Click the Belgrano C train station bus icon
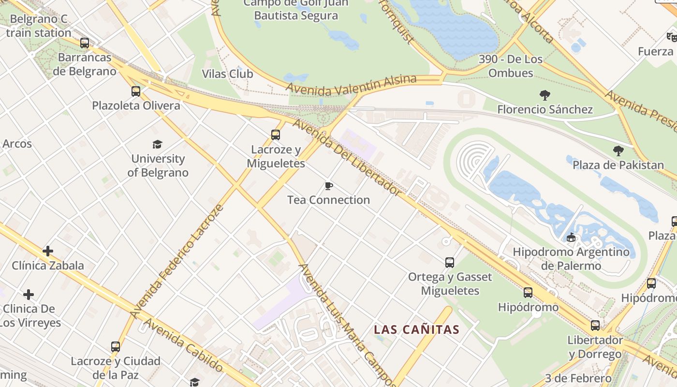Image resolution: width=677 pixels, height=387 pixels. pos(85,43)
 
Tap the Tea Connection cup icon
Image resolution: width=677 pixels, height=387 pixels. pos(329,186)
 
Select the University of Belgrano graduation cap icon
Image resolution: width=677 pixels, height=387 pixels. pos(157,145)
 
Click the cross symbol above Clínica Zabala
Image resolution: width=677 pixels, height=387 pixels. pos(48,251)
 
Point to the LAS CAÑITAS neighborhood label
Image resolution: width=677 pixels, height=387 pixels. pos(416,330)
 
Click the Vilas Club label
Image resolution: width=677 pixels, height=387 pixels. pos(227,74)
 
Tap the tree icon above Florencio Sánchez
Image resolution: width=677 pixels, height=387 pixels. pos(545,95)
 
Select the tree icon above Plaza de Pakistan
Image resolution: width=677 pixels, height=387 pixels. pos(618,151)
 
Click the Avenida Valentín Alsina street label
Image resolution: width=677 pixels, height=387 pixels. pos(351,86)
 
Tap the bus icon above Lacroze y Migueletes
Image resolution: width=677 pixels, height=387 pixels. pos(276,135)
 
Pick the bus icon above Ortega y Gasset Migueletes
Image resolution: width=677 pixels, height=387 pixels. pos(450,263)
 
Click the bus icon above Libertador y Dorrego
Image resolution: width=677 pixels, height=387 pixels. pos(595,326)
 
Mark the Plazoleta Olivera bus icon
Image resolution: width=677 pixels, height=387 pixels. pos(136,91)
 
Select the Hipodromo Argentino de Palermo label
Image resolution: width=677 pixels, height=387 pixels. pos(571,259)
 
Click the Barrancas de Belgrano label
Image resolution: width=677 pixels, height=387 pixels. pos(85,64)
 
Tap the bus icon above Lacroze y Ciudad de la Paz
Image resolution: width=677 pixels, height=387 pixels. pos(115,347)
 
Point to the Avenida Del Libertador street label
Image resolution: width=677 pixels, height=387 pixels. pos(347,157)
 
